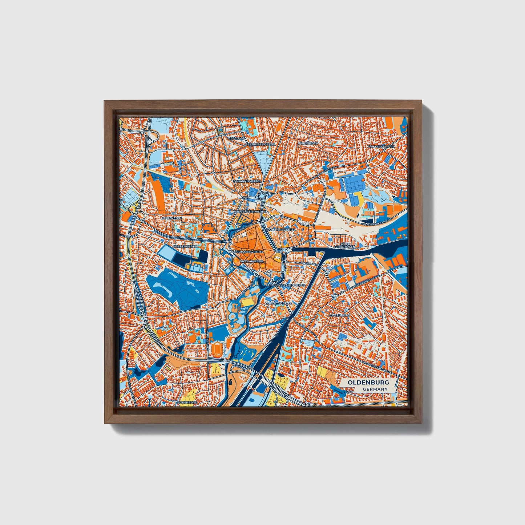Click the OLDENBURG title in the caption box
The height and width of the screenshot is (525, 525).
[368, 383]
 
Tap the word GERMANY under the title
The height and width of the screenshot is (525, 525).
[375, 389]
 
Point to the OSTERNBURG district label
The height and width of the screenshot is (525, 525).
[339, 315]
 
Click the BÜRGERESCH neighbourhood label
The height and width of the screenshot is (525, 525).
[308, 143]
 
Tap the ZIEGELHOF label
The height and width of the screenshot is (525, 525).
[235, 138]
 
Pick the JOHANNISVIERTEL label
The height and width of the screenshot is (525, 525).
[247, 181]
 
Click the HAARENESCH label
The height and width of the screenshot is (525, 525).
[171, 218]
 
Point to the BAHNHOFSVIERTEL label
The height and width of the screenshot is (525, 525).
[281, 230]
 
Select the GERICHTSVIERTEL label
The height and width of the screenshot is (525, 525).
[278, 303]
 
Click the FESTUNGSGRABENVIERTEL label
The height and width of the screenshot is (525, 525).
[286, 285]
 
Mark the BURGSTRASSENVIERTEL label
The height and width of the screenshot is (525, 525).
[245, 251]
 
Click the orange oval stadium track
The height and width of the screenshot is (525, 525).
[217, 348]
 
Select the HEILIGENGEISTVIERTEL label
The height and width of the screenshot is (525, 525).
[250, 211]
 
